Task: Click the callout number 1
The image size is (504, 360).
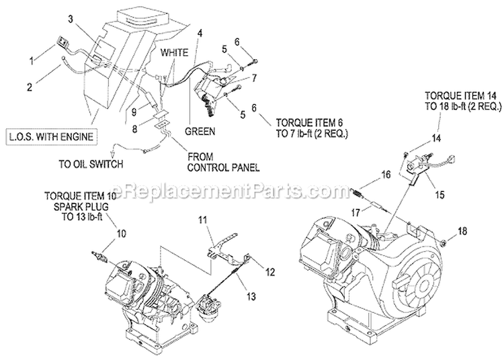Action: pyautogui.click(x=30, y=61)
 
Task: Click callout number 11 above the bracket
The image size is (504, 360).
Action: pyautogui.click(x=203, y=220)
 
